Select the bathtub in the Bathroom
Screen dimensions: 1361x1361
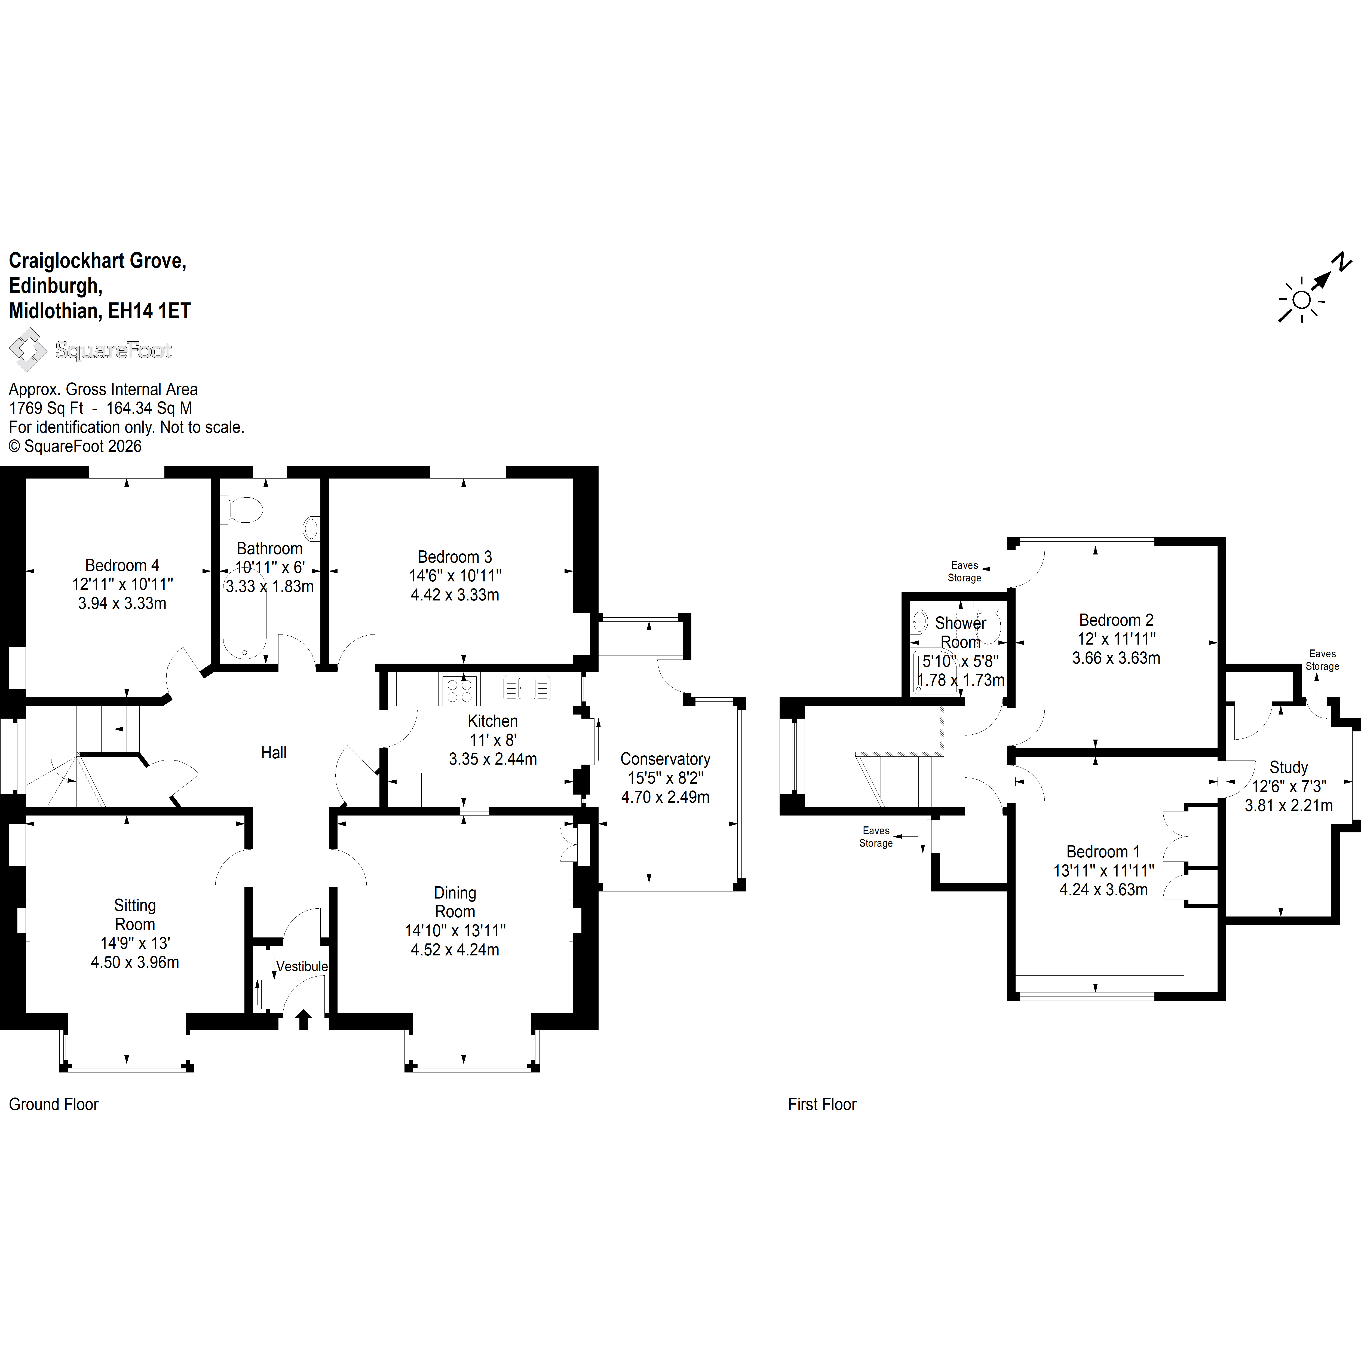click(x=244, y=611)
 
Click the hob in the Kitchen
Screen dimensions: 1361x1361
click(x=459, y=690)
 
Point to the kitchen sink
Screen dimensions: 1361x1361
click(x=527, y=688)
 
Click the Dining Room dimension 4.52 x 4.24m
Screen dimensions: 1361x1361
click(x=455, y=950)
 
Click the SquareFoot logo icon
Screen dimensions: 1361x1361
click(x=28, y=350)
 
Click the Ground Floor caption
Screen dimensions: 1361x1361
click(x=54, y=1104)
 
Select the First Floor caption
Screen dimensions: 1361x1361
click(x=822, y=1104)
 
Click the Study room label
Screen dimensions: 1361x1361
click(x=1288, y=767)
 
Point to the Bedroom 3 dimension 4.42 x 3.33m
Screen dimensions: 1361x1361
click(x=455, y=594)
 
